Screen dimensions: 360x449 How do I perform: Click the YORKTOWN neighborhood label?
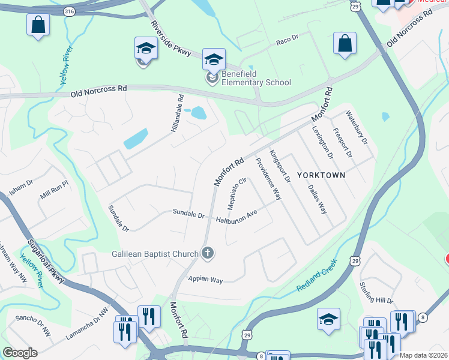coord(324,175)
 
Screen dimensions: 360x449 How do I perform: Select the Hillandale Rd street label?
coord(177,113)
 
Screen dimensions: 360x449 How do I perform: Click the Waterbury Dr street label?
coord(357,127)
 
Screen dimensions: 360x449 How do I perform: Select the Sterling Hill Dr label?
coord(376,292)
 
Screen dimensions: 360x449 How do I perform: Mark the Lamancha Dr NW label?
coord(87,325)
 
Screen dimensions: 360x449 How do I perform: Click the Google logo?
coord(20,353)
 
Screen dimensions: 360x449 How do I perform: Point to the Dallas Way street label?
coord(317,199)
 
